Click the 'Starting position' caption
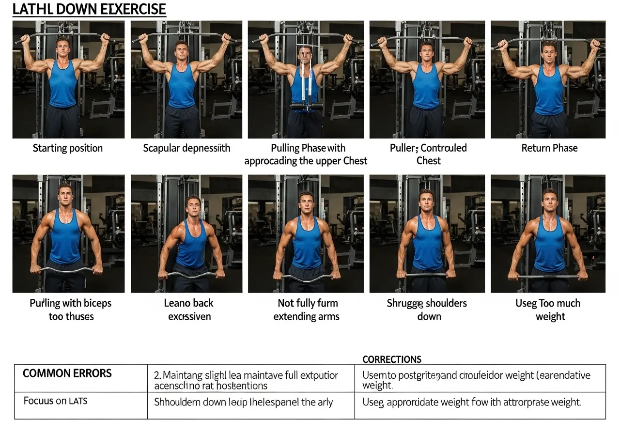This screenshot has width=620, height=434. pos(68,148)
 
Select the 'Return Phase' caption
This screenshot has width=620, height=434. pos(549,148)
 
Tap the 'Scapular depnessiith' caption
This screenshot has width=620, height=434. pos(186,148)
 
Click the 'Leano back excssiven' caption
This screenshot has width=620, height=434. pos(188,310)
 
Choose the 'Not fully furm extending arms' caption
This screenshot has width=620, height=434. pos(306,310)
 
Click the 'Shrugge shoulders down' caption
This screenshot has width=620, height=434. pos(427,310)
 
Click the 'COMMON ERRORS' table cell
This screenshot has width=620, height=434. pos(67,373)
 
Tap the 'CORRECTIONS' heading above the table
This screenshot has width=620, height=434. pos(391,359)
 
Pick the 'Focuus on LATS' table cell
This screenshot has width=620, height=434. pos(56,401)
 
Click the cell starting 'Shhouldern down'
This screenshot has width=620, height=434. pos(243,402)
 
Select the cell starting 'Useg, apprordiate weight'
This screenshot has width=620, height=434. pos(471,402)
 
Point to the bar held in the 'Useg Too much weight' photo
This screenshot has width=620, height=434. pos(548,277)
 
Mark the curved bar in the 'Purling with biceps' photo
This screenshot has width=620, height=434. pos(67,270)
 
